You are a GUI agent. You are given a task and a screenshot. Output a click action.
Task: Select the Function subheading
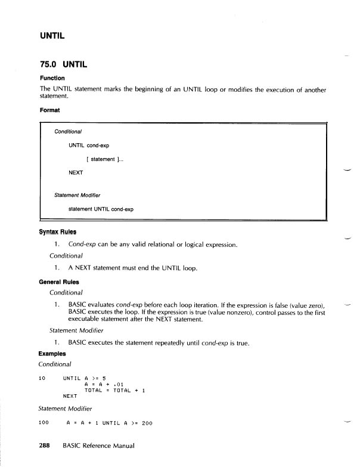[x=52, y=78]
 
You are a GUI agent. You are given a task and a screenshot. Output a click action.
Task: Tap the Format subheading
[x=49, y=110]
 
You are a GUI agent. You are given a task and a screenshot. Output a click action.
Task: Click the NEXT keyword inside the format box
[x=76, y=172]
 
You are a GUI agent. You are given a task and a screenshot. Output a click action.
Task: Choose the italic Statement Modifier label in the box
[x=77, y=195]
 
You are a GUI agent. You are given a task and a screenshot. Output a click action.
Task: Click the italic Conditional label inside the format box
[x=68, y=131]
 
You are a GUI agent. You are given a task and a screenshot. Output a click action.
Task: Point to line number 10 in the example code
[x=42, y=378]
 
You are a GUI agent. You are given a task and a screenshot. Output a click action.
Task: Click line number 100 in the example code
[x=44, y=423]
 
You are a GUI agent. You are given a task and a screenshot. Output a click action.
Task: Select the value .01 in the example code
[x=119, y=384]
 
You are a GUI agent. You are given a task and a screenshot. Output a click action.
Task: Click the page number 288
[x=47, y=446]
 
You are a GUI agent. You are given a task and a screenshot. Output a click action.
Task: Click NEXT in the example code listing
[x=70, y=396]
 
